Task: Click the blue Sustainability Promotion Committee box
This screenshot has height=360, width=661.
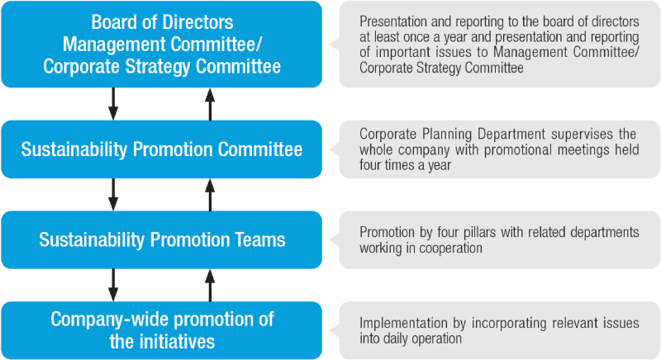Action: tap(161, 149)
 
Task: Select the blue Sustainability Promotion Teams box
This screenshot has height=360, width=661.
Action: tap(161, 239)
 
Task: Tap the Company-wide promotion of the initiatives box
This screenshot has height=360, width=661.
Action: tap(161, 330)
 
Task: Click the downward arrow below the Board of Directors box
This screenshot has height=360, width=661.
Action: tap(113, 104)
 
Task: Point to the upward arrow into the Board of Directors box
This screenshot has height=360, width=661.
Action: tap(210, 104)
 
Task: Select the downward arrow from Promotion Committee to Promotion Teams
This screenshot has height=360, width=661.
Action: tap(113, 195)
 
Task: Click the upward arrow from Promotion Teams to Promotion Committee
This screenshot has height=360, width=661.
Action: tap(210, 195)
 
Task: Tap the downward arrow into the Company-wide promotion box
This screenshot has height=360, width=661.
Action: tap(113, 285)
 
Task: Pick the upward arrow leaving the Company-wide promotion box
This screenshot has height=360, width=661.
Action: tap(210, 285)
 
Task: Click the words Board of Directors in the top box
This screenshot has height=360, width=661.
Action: tap(162, 22)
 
